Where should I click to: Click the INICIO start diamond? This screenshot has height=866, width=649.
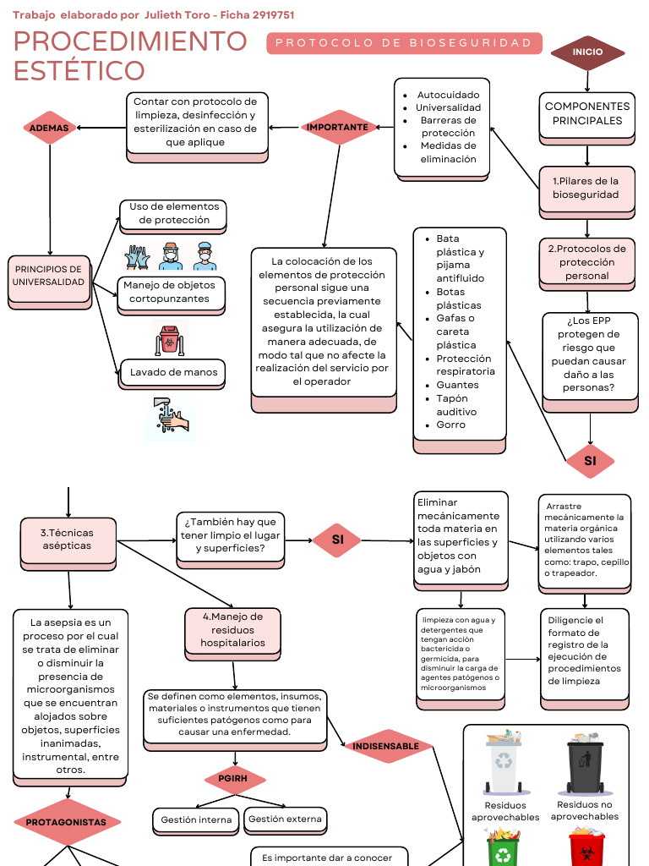587,52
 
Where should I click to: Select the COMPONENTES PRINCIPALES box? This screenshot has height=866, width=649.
586,114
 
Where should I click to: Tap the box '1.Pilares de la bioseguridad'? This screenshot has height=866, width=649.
586,188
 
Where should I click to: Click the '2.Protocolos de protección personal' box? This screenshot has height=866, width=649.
586,262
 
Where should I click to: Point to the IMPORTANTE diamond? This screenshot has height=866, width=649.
337,128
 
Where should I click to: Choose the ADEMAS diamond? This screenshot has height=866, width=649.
49,128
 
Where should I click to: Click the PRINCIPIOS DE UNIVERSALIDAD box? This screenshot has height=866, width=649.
48,276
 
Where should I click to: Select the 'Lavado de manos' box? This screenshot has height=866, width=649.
173,372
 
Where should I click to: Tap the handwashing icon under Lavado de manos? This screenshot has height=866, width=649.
170,417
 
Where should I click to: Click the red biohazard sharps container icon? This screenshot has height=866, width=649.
170,337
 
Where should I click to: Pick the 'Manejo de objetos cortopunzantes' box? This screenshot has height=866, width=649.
170,292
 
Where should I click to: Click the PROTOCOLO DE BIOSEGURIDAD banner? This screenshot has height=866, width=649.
404,43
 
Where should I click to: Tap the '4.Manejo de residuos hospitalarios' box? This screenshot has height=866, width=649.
232,630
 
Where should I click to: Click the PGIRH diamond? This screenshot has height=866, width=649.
234,778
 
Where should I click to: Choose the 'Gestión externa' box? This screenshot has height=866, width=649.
284,819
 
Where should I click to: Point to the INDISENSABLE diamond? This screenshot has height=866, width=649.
385,747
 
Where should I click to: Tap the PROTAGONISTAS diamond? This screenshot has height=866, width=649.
67,822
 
